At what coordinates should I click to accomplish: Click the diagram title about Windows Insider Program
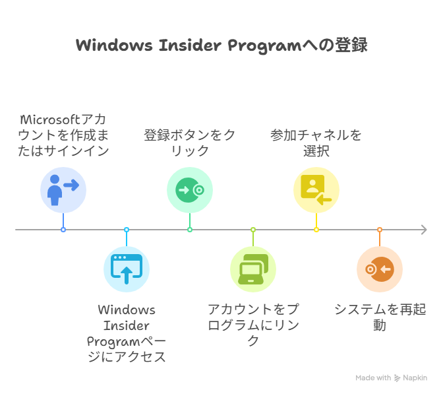tap(221, 46)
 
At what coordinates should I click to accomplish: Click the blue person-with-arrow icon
tap(63, 190)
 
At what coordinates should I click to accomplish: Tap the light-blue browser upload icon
tap(127, 269)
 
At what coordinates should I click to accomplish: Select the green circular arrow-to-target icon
tap(190, 190)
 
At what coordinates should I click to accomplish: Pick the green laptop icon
tap(253, 269)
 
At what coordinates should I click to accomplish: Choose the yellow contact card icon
tap(316, 190)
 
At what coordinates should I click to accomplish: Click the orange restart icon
tap(380, 269)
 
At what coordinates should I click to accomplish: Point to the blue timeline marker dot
tap(63, 230)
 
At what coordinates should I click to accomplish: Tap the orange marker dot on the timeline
tap(380, 230)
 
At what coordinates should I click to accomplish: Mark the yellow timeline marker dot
tap(316, 230)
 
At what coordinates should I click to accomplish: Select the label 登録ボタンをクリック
tap(190, 143)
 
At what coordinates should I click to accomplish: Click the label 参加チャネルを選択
tap(316, 143)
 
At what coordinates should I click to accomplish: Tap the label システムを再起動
tap(380, 317)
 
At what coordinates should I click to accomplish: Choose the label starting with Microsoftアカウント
tap(63, 135)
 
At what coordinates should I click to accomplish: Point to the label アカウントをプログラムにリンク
tap(253, 325)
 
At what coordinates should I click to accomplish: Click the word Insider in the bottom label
tap(127, 325)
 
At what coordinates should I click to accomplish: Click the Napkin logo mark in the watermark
tap(398, 378)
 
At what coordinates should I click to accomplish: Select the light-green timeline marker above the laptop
tap(253, 230)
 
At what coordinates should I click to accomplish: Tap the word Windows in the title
tap(114, 46)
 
